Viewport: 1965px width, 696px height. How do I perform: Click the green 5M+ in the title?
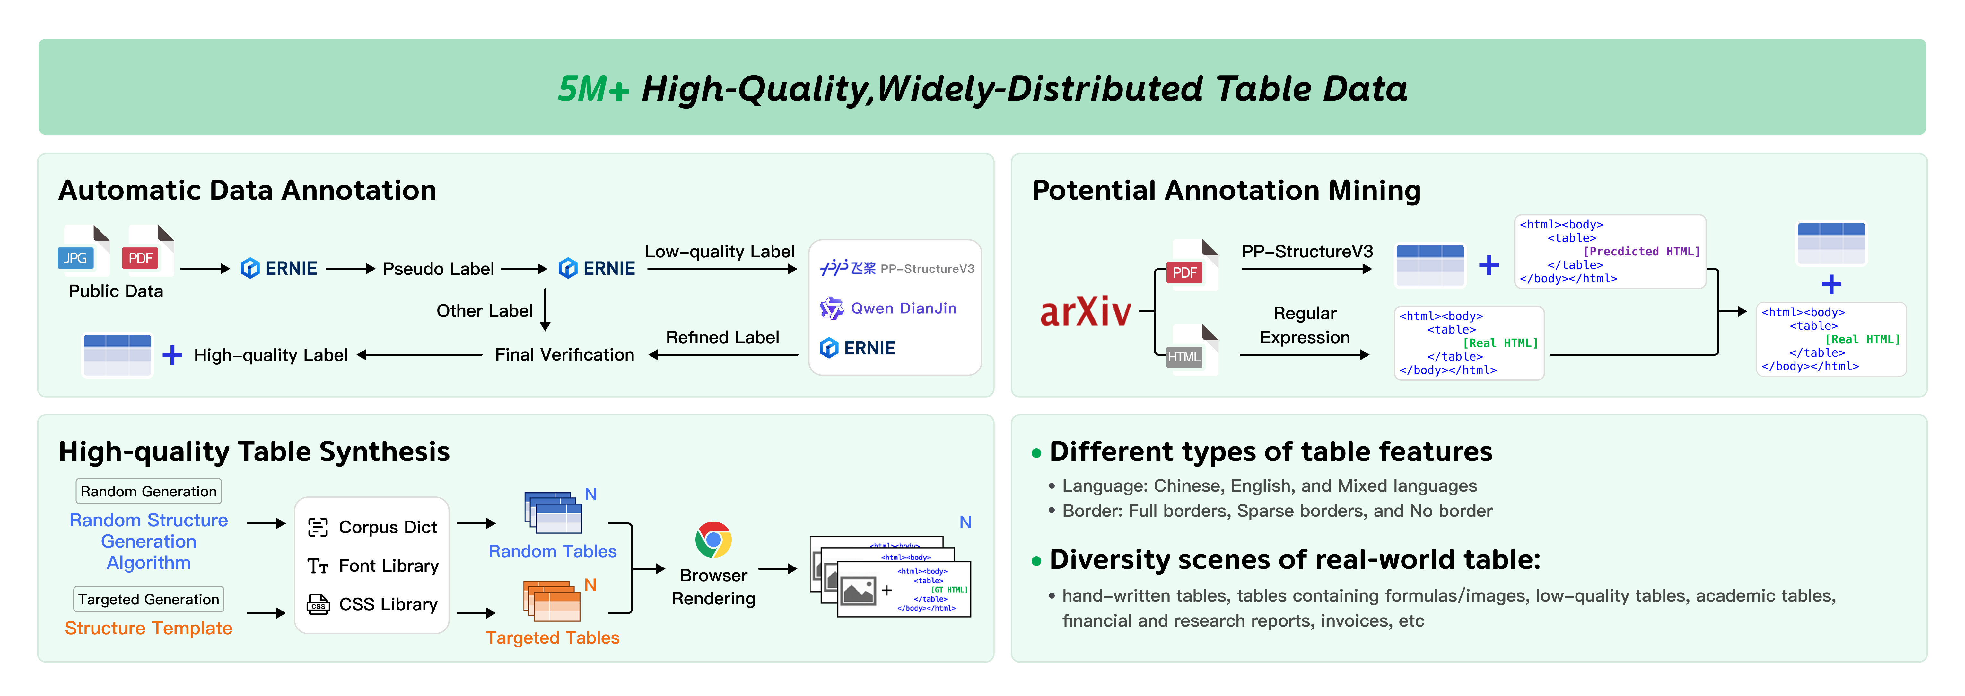(593, 89)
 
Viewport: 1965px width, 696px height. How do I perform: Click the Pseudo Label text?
(439, 269)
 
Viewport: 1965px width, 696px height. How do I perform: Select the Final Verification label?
(564, 355)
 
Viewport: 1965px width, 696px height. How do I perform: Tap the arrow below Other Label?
(546, 310)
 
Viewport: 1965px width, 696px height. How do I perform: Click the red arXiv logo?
(1086, 311)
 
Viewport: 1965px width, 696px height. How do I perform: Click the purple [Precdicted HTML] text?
(1642, 251)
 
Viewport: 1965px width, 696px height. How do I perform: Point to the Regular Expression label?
(1305, 325)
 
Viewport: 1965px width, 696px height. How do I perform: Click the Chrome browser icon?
(713, 540)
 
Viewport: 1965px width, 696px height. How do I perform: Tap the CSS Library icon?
(317, 604)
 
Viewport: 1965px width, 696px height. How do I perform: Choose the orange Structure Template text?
(149, 628)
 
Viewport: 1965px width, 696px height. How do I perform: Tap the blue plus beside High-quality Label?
(172, 355)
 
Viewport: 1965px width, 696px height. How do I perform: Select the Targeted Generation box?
(149, 599)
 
